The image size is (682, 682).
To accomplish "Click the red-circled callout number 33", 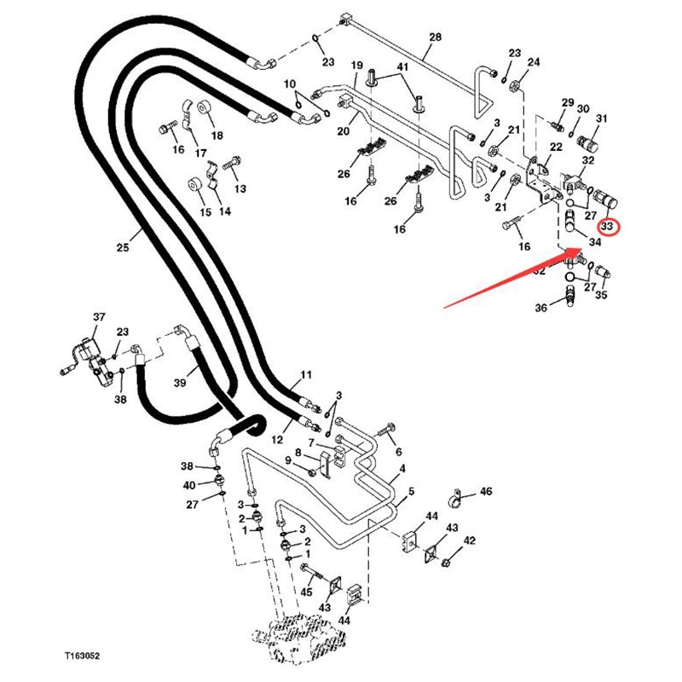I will pos(608,227).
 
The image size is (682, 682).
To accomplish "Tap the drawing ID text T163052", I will pos(82,656).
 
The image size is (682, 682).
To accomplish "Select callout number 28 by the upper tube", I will pos(436,38).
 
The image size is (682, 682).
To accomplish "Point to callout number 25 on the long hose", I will pos(123,247).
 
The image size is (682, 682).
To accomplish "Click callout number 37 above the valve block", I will pos(99,317).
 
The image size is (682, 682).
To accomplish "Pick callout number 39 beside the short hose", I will pos(180,384).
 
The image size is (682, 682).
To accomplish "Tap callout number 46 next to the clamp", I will pos(486,492).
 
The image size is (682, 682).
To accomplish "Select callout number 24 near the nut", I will pos(534,62).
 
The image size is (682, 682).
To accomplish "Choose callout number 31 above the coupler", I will pos(601,118).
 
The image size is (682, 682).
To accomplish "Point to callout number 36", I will pos(540,309).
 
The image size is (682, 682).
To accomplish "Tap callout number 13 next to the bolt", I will pos(240,188).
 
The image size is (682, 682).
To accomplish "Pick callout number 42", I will pos(469,540).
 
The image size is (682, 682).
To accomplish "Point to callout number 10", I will pos(289,84).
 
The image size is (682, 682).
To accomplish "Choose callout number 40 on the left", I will pos(188,485).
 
